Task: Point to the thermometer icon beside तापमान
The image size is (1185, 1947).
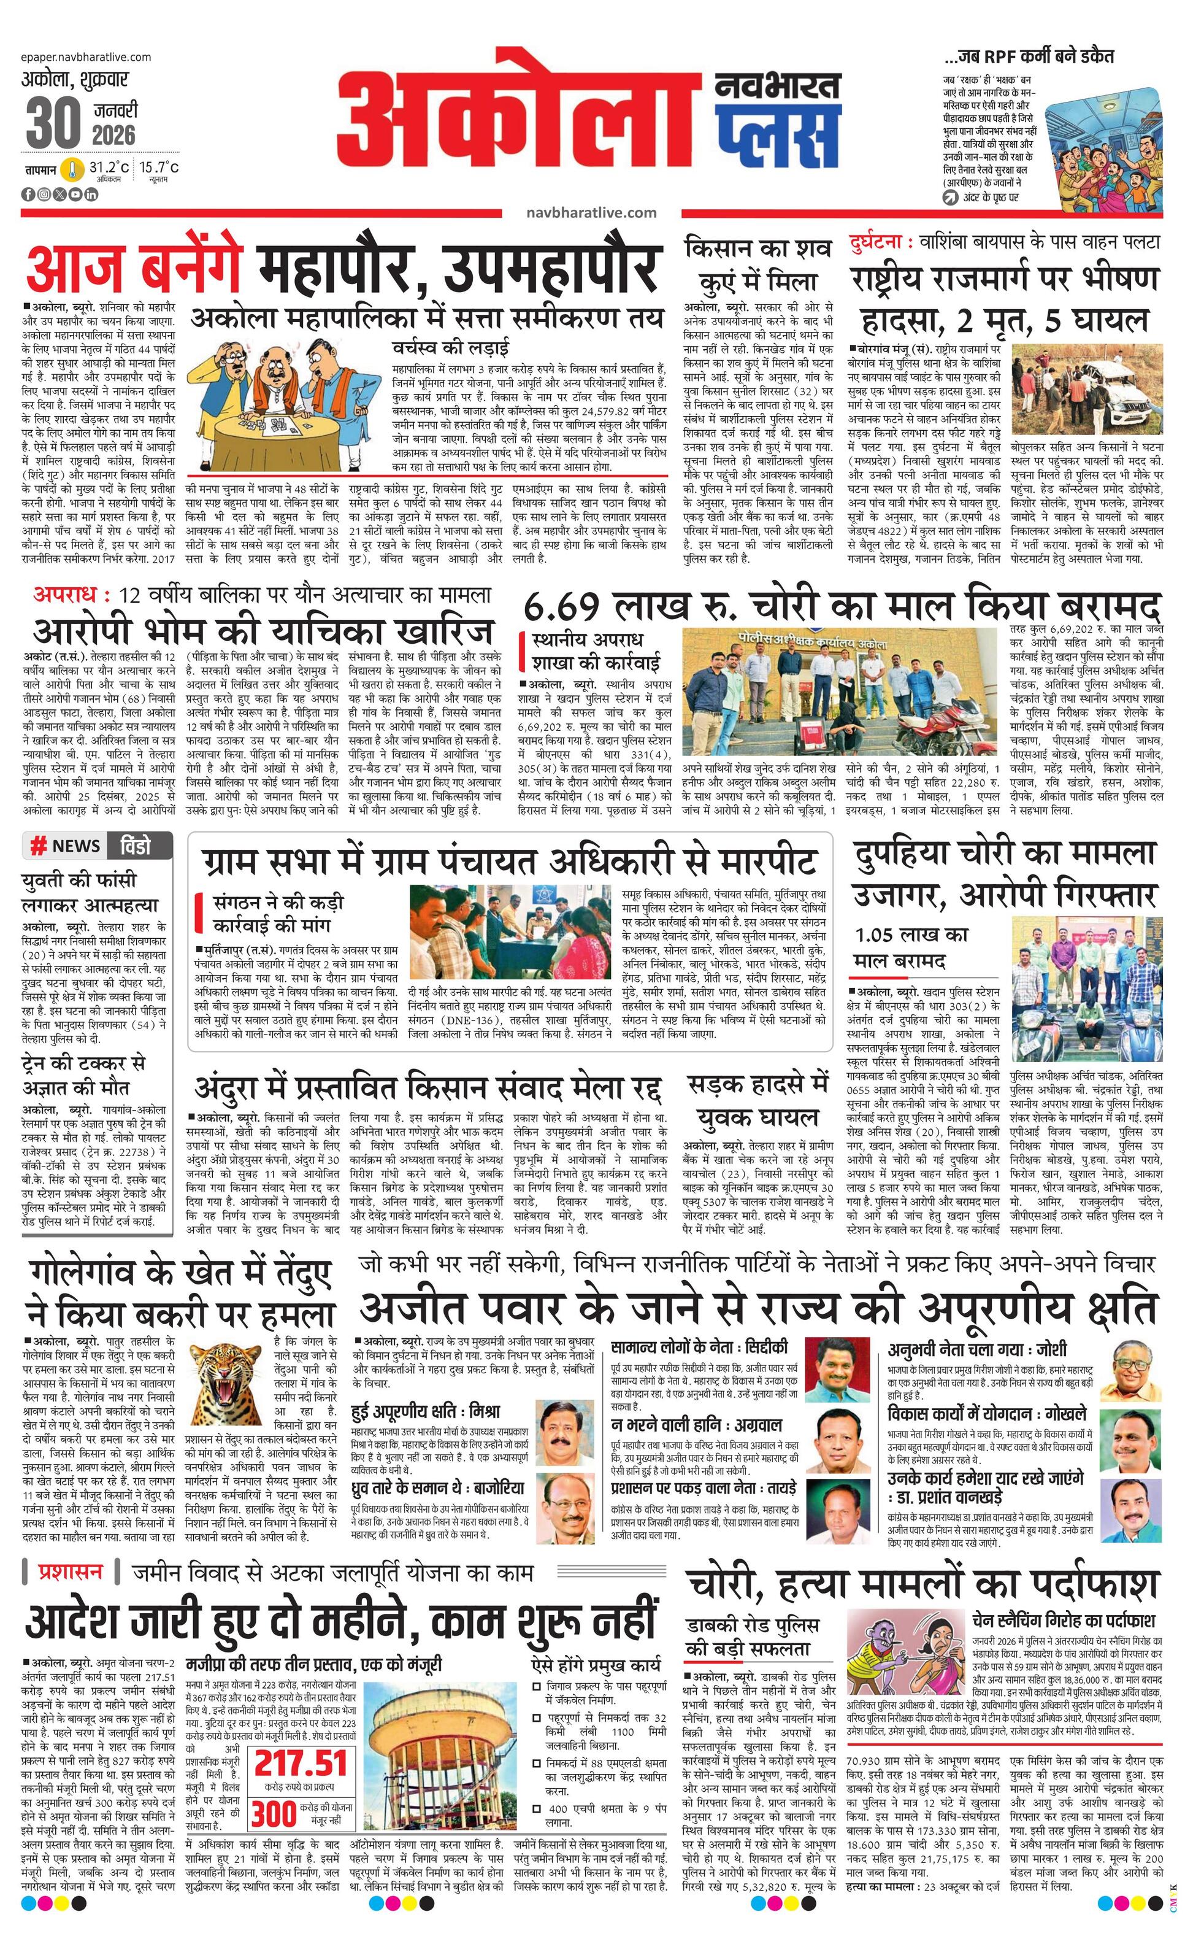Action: pos(72,169)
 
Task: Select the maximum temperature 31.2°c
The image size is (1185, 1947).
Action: pos(108,168)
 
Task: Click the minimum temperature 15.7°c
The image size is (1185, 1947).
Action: pos(159,168)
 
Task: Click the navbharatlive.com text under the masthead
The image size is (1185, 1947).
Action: pos(590,212)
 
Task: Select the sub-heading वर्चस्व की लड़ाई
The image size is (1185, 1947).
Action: pos(450,348)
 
